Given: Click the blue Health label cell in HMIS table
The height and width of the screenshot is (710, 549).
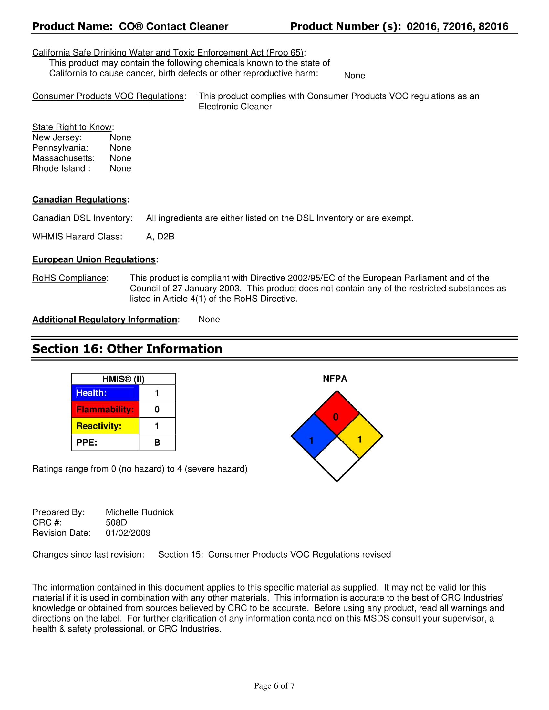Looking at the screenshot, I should [x=105, y=393].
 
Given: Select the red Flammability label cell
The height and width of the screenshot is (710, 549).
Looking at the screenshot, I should [x=105, y=409].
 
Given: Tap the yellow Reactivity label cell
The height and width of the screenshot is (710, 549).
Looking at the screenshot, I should [x=105, y=426].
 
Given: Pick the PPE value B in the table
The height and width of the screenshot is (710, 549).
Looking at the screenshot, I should [x=157, y=442].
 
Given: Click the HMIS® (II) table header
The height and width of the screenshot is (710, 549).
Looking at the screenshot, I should [x=123, y=379].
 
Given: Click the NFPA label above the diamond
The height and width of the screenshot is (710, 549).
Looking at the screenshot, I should [x=335, y=379].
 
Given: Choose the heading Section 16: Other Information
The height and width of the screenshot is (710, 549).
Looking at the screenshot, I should [x=127, y=349].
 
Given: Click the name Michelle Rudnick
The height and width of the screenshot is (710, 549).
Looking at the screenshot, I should [x=140, y=512].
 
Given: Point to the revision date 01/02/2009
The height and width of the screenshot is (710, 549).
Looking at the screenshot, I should [x=128, y=533].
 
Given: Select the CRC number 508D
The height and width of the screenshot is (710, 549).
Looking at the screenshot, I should [x=117, y=522].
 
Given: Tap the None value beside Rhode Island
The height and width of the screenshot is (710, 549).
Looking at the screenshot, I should [x=120, y=168].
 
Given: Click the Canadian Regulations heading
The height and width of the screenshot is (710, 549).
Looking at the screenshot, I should [x=79, y=199].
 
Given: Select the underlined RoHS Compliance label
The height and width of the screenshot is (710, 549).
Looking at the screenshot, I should [x=69, y=278].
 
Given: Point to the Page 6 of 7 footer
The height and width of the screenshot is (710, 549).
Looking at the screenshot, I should [x=274, y=686].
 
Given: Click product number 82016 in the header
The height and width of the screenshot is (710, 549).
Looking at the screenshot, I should [x=493, y=26].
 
